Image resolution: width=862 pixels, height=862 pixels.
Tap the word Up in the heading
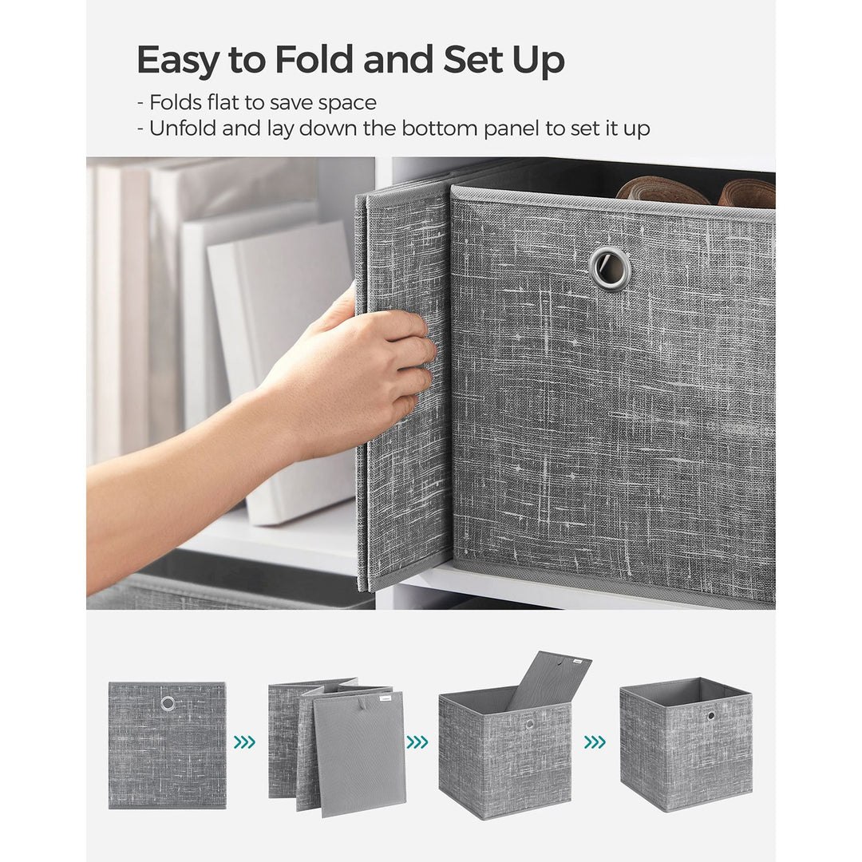tap(539, 61)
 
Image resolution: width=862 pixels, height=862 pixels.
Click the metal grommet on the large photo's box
tap(610, 268)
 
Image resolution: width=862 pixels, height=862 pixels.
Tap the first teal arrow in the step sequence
tap(244, 742)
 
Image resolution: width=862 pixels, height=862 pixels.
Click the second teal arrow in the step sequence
tap(417, 742)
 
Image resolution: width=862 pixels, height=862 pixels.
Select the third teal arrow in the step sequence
tap(595, 742)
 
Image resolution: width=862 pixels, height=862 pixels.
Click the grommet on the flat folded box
tap(168, 703)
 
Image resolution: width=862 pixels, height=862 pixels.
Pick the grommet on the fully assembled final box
tap(710, 716)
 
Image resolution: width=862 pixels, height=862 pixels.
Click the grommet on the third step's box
tap(529, 724)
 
